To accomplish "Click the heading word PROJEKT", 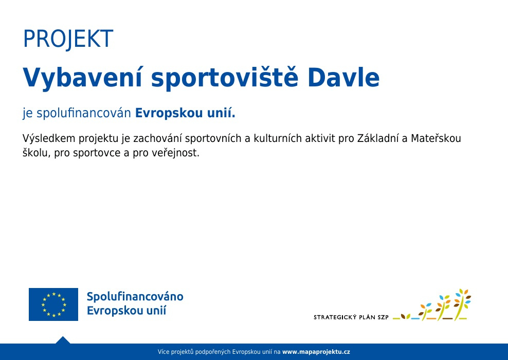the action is coord(68,39).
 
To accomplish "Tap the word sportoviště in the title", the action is coord(225,78).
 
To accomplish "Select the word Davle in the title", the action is coord(343,78).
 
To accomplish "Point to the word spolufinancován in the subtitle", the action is coord(84,114).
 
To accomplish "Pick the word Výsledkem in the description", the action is coord(49,138).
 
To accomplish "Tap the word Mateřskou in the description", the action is coord(436,138).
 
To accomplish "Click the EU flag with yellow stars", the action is coord(53,304).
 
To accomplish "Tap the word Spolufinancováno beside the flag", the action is coord(135,297).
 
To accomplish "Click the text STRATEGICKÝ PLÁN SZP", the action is coord(351,317).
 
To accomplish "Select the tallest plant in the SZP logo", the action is coord(463,304).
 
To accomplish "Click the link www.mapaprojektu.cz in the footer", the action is coord(316,352).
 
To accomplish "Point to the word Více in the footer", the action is coord(164,352).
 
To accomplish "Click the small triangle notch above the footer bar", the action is coord(63,340).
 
